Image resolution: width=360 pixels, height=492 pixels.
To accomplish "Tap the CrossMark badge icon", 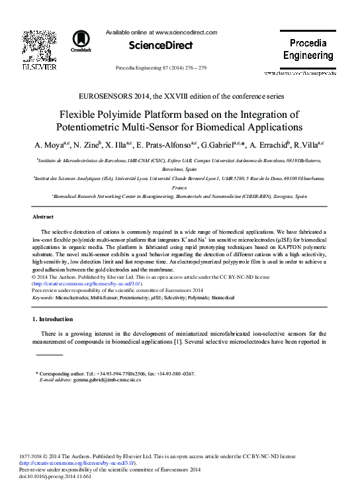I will tap(81, 41).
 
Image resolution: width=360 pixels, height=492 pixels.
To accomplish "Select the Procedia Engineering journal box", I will tap(308, 49).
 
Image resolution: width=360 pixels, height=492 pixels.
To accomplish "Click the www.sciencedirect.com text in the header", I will tap(186, 32).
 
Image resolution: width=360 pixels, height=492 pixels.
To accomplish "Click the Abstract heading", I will tap(43, 217).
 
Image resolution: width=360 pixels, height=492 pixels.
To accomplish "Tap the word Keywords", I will tap(43, 299).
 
